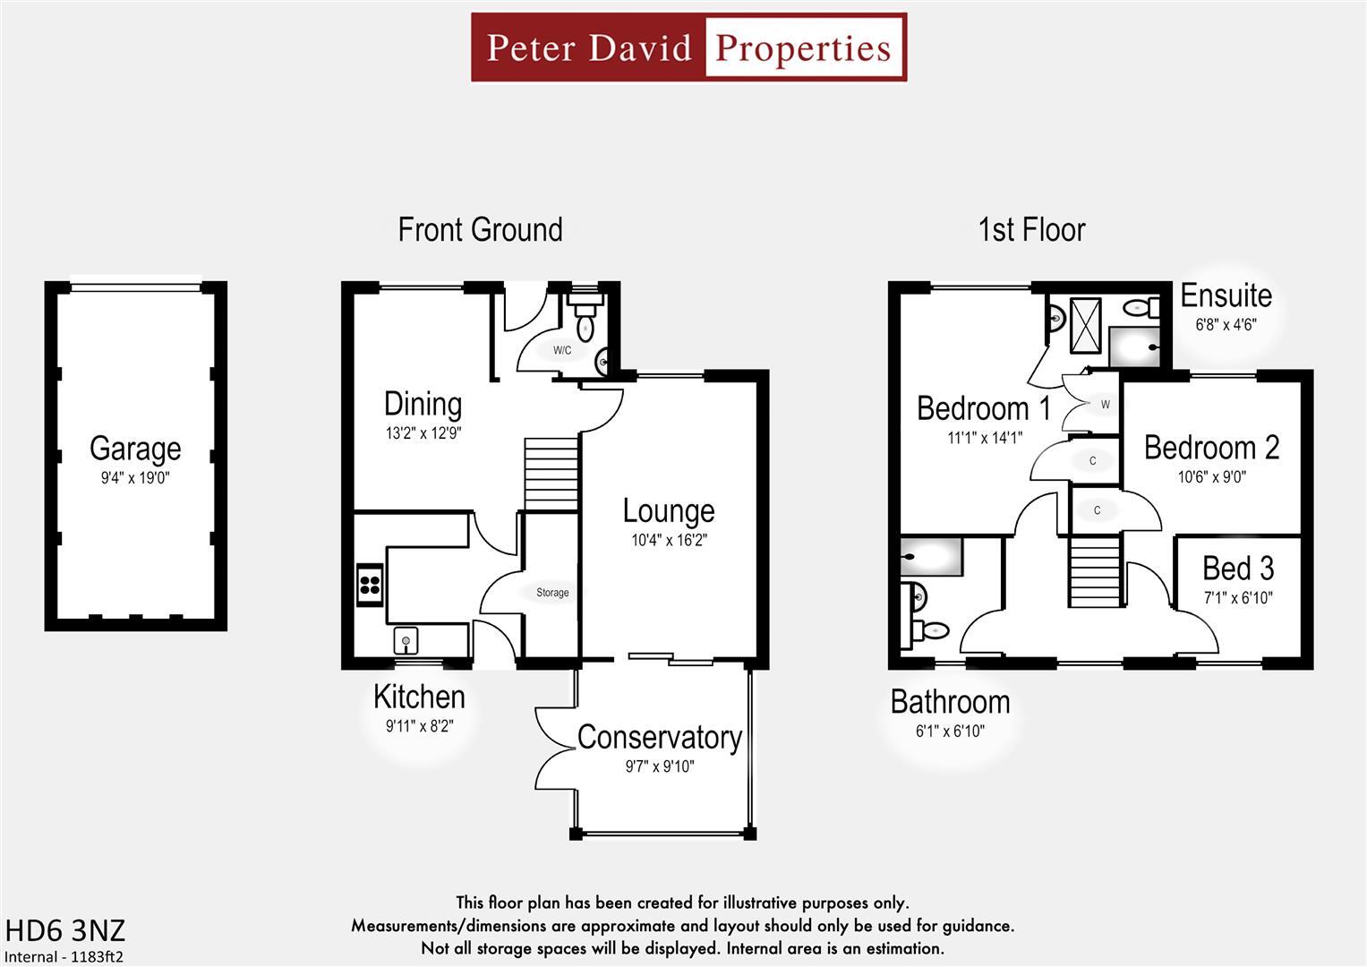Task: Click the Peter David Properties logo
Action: pos(688,47)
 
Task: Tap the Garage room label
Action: pos(135,449)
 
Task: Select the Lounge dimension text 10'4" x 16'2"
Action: pos(669,540)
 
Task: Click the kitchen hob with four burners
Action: pos(370,586)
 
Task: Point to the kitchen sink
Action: pos(406,641)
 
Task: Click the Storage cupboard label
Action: pos(552,593)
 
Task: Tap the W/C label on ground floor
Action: pos(561,350)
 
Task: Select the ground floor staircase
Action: pos(551,474)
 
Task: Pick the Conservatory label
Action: pos(659,738)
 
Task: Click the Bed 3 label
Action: pos(1237,569)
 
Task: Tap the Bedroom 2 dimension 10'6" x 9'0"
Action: pos(1211,477)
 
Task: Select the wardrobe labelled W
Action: pos(1105,405)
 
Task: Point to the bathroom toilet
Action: pos(931,630)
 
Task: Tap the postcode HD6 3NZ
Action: pos(64,930)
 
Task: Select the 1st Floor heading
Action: pos(1031,230)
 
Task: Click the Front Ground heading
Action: pos(480,230)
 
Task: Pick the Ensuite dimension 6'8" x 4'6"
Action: pos(1226,324)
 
